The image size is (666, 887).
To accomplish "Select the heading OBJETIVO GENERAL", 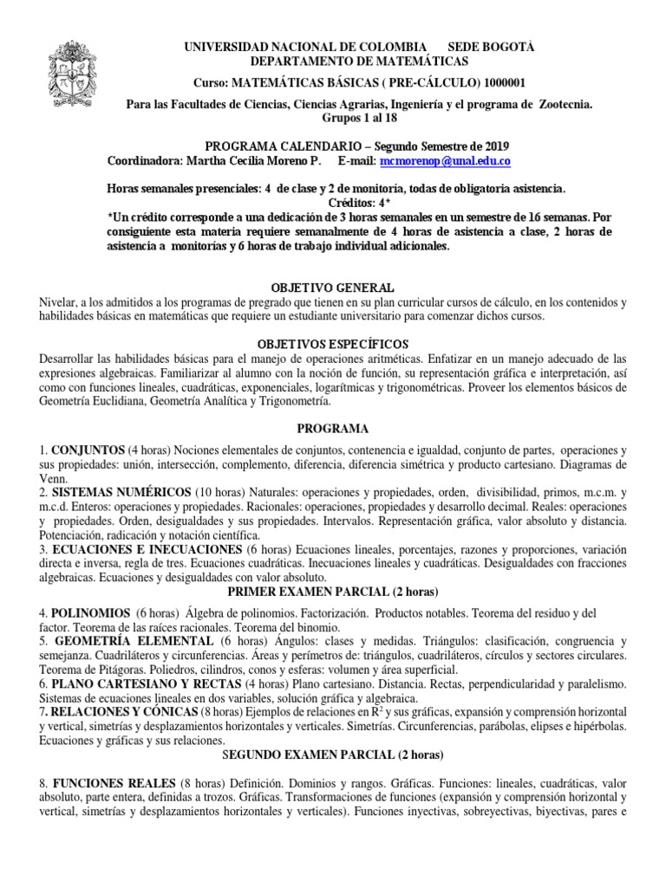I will pyautogui.click(x=332, y=287).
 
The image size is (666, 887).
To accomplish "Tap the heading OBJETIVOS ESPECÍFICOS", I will pyautogui.click(x=332, y=344).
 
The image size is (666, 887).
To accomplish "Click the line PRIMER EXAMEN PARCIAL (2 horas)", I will pyautogui.click(x=332, y=591).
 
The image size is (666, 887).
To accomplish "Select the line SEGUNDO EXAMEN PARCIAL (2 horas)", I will pyautogui.click(x=332, y=754).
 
